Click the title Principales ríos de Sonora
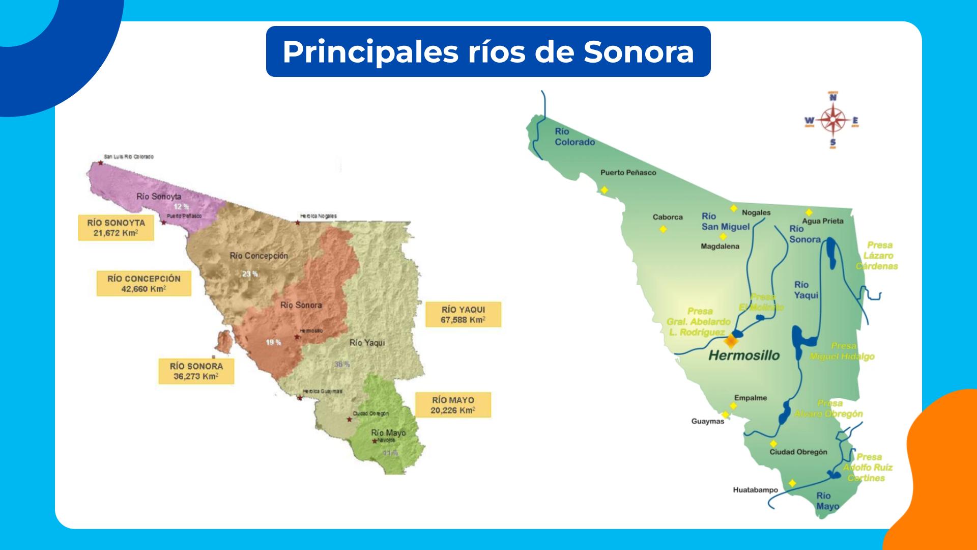click(x=488, y=51)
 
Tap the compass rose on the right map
click(x=832, y=121)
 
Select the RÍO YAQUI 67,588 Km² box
click(x=463, y=314)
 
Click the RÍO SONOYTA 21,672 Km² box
click(x=116, y=228)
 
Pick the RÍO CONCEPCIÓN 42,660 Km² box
click(x=143, y=284)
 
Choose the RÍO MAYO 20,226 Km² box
click(x=452, y=405)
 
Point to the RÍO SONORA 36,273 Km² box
click(x=196, y=371)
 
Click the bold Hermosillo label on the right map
click(x=743, y=355)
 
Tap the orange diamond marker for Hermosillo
click(x=731, y=340)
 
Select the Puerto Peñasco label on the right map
click(x=628, y=173)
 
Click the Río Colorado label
click(x=574, y=136)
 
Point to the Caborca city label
click(x=668, y=217)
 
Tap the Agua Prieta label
click(x=822, y=221)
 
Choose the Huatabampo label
click(x=755, y=490)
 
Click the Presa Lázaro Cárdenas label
click(x=877, y=256)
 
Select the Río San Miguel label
click(x=725, y=222)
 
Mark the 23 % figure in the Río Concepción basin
click(x=249, y=274)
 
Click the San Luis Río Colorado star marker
click(x=101, y=163)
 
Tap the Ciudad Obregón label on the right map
click(x=798, y=452)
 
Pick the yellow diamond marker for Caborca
click(x=663, y=230)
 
